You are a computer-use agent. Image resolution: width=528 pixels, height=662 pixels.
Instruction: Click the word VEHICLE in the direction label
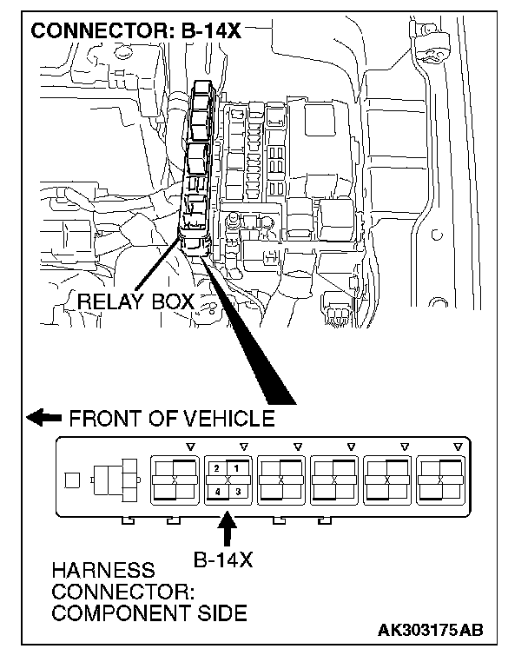(229, 418)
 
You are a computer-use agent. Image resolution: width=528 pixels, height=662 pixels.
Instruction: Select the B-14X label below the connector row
(222, 559)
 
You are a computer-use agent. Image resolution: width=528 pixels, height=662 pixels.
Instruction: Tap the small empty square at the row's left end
(74, 480)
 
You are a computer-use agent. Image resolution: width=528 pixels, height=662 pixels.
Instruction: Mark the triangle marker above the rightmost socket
(458, 447)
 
